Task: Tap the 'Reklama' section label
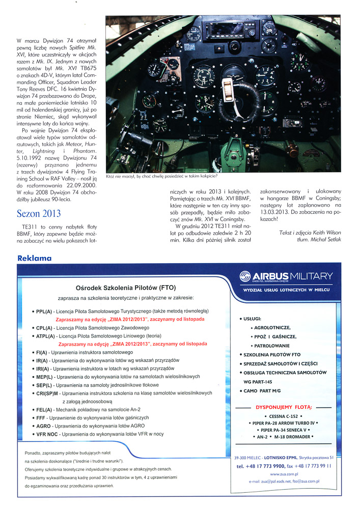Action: tap(35, 258)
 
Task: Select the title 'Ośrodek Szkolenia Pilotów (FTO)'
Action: tap(126, 287)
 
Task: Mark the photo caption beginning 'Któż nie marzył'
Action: tap(161, 176)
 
